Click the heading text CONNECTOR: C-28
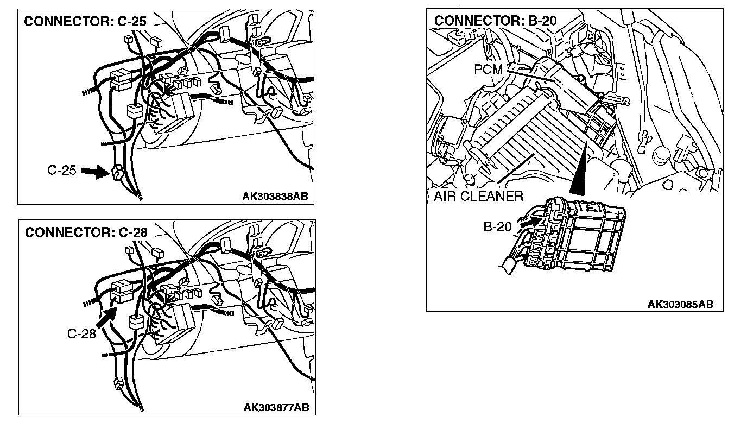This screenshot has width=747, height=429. coord(86,232)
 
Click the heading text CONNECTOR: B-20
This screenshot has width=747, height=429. coord(495,21)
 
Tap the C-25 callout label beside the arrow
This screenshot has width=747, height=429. coord(61,171)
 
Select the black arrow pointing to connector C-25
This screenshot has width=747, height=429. coord(94,173)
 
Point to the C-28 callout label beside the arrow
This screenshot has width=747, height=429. coord(81,333)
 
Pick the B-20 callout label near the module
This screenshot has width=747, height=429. coord(497,226)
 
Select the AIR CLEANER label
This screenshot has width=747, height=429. coord(478,196)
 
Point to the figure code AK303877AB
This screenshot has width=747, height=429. coord(277,407)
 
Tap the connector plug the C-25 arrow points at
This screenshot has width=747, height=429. coord(117,173)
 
